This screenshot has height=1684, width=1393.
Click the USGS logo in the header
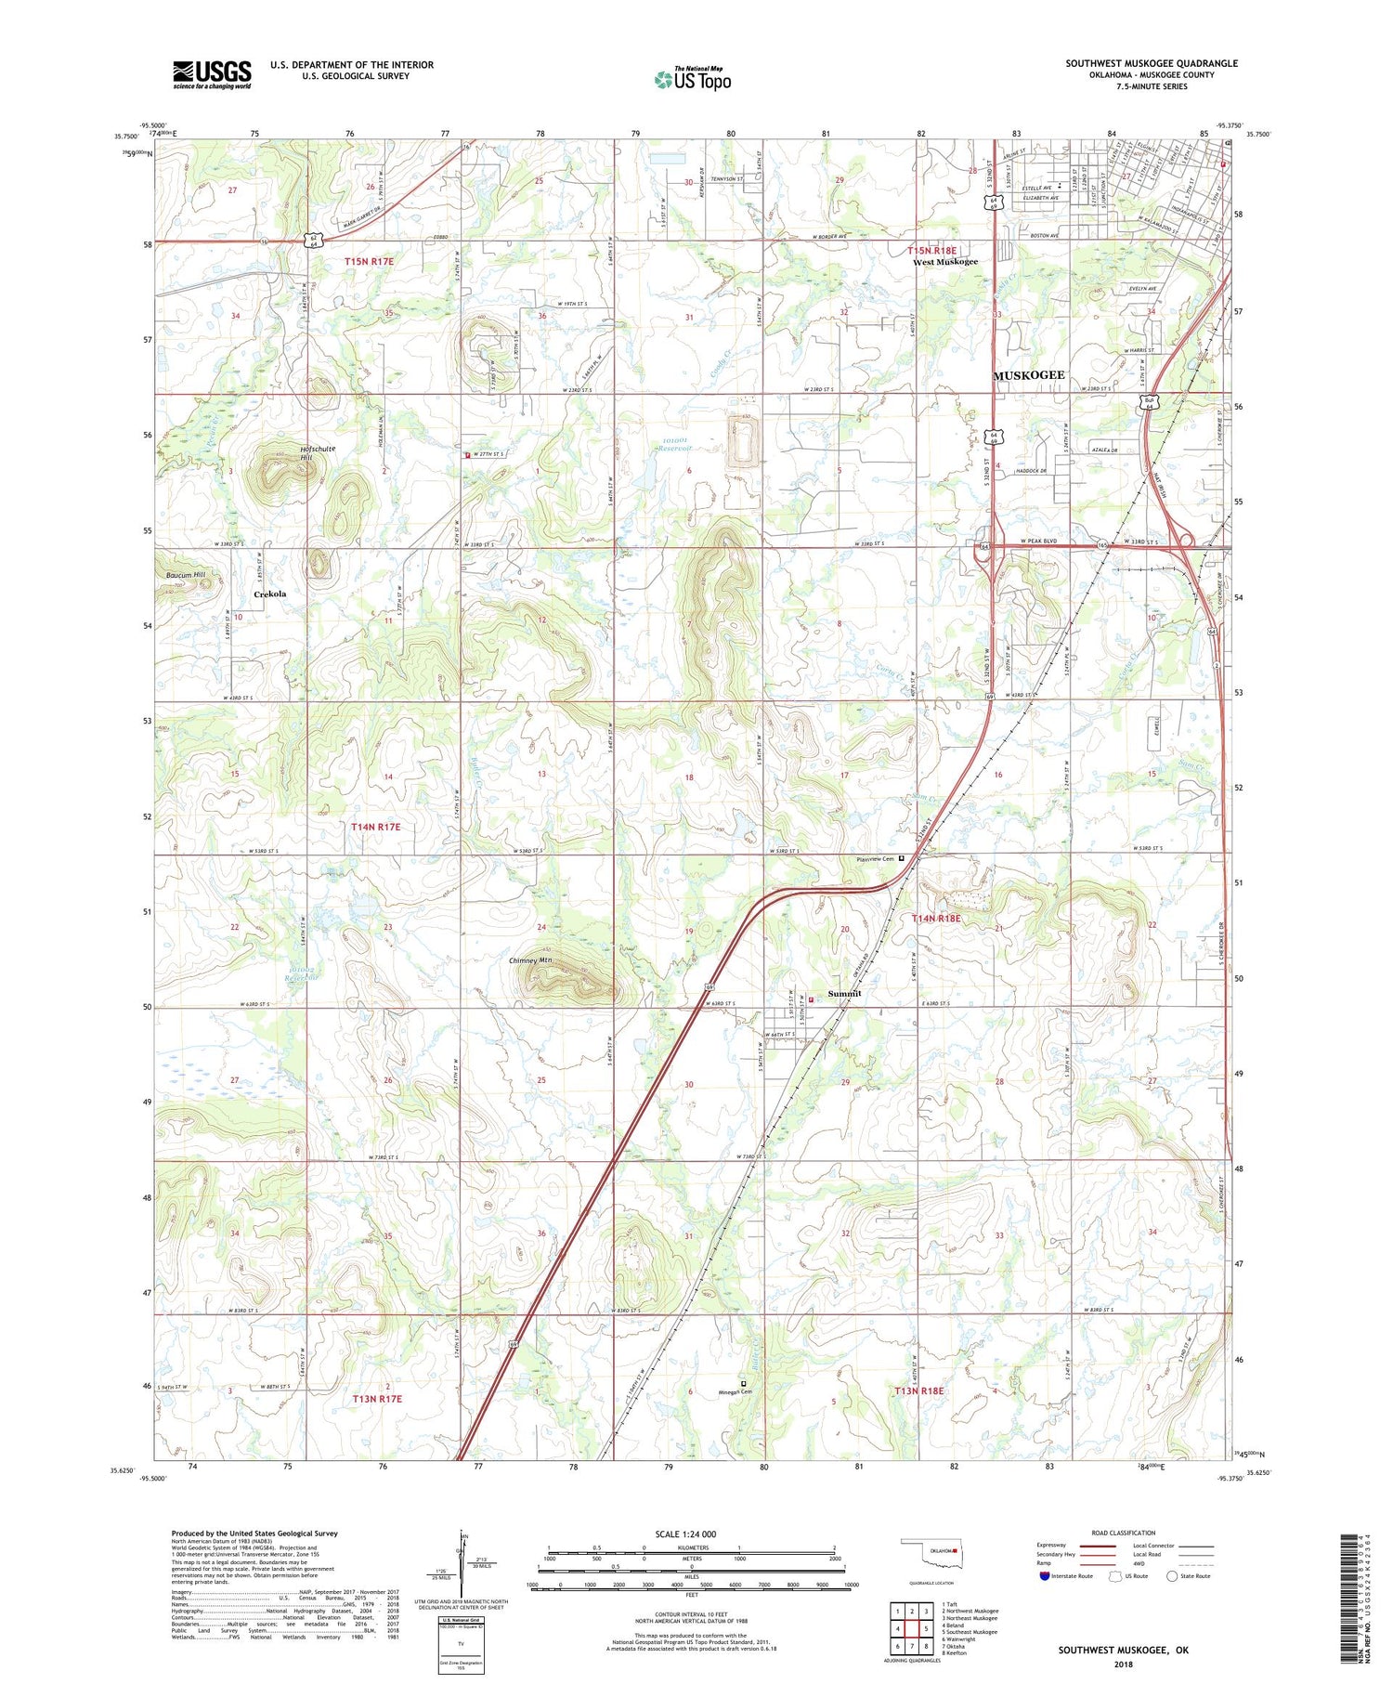click(x=212, y=74)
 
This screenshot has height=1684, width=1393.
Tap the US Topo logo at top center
click(x=693, y=79)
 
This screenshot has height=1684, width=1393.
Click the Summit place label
click(x=844, y=994)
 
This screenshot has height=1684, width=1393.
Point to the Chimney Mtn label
click(x=530, y=961)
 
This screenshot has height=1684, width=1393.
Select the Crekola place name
click(x=270, y=594)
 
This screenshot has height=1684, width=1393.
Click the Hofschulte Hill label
click(x=318, y=453)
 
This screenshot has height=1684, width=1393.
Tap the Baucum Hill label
click(x=186, y=575)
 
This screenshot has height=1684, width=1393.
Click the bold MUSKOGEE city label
click(x=1029, y=375)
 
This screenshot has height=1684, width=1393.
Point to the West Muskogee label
click(x=944, y=262)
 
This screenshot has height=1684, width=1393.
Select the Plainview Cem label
click(x=875, y=859)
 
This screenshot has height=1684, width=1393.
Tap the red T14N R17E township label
click(x=376, y=827)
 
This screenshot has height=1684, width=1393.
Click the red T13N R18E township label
click(x=918, y=1390)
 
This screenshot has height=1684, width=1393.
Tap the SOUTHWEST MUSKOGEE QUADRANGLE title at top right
click(x=1151, y=63)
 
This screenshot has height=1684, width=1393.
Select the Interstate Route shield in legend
click(x=1045, y=1576)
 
